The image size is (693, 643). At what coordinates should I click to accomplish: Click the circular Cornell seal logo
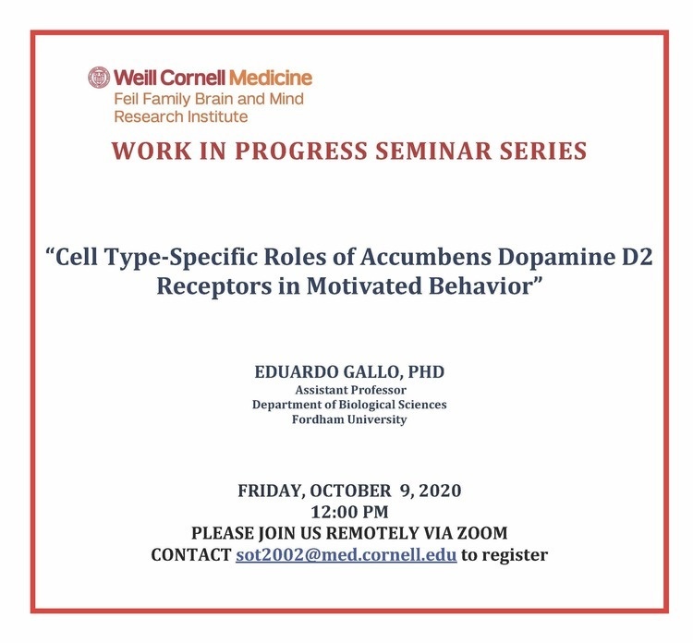pyautogui.click(x=99, y=78)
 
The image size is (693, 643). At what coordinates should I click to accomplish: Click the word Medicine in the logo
pyautogui.click(x=271, y=78)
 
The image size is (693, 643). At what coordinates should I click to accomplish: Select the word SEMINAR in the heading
pyautogui.click(x=433, y=151)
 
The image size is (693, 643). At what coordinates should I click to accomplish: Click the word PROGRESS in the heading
pyautogui.click(x=300, y=151)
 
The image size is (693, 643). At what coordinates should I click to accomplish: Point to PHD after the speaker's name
pyautogui.click(x=426, y=371)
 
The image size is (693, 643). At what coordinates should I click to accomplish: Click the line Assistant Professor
pyautogui.click(x=350, y=390)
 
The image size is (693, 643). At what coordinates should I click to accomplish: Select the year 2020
pyautogui.click(x=440, y=491)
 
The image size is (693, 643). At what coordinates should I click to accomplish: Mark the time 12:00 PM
pyautogui.click(x=349, y=512)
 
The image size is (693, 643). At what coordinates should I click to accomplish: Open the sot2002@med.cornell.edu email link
pyautogui.click(x=346, y=554)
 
